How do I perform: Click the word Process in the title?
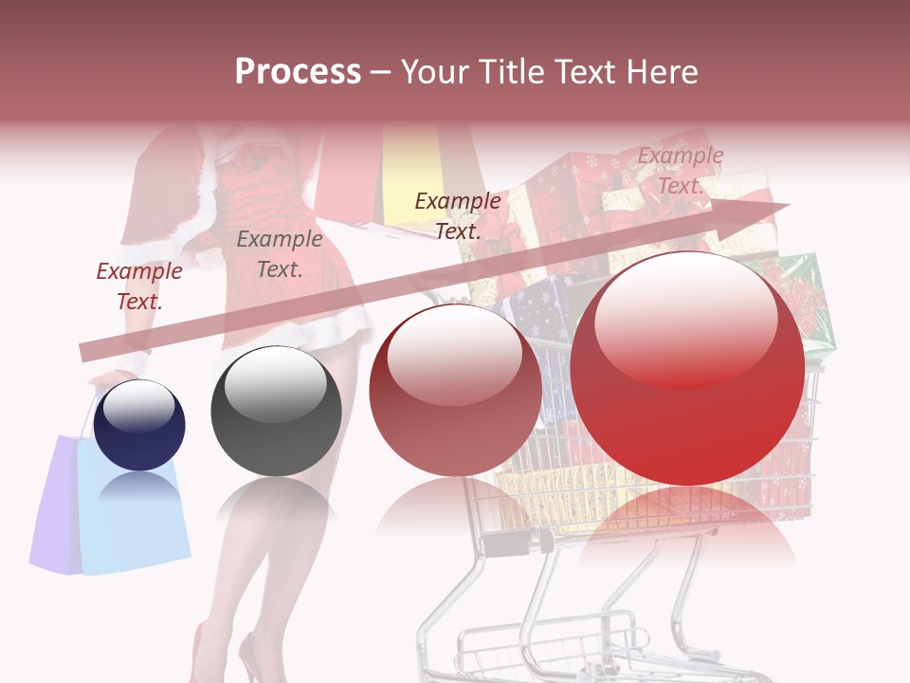[x=298, y=72]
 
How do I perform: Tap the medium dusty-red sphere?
[x=455, y=391]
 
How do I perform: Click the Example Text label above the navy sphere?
[x=139, y=286]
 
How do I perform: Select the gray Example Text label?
[x=280, y=254]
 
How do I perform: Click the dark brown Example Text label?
[x=458, y=215]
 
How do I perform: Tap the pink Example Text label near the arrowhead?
[x=681, y=171]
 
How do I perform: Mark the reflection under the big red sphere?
[x=687, y=531]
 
